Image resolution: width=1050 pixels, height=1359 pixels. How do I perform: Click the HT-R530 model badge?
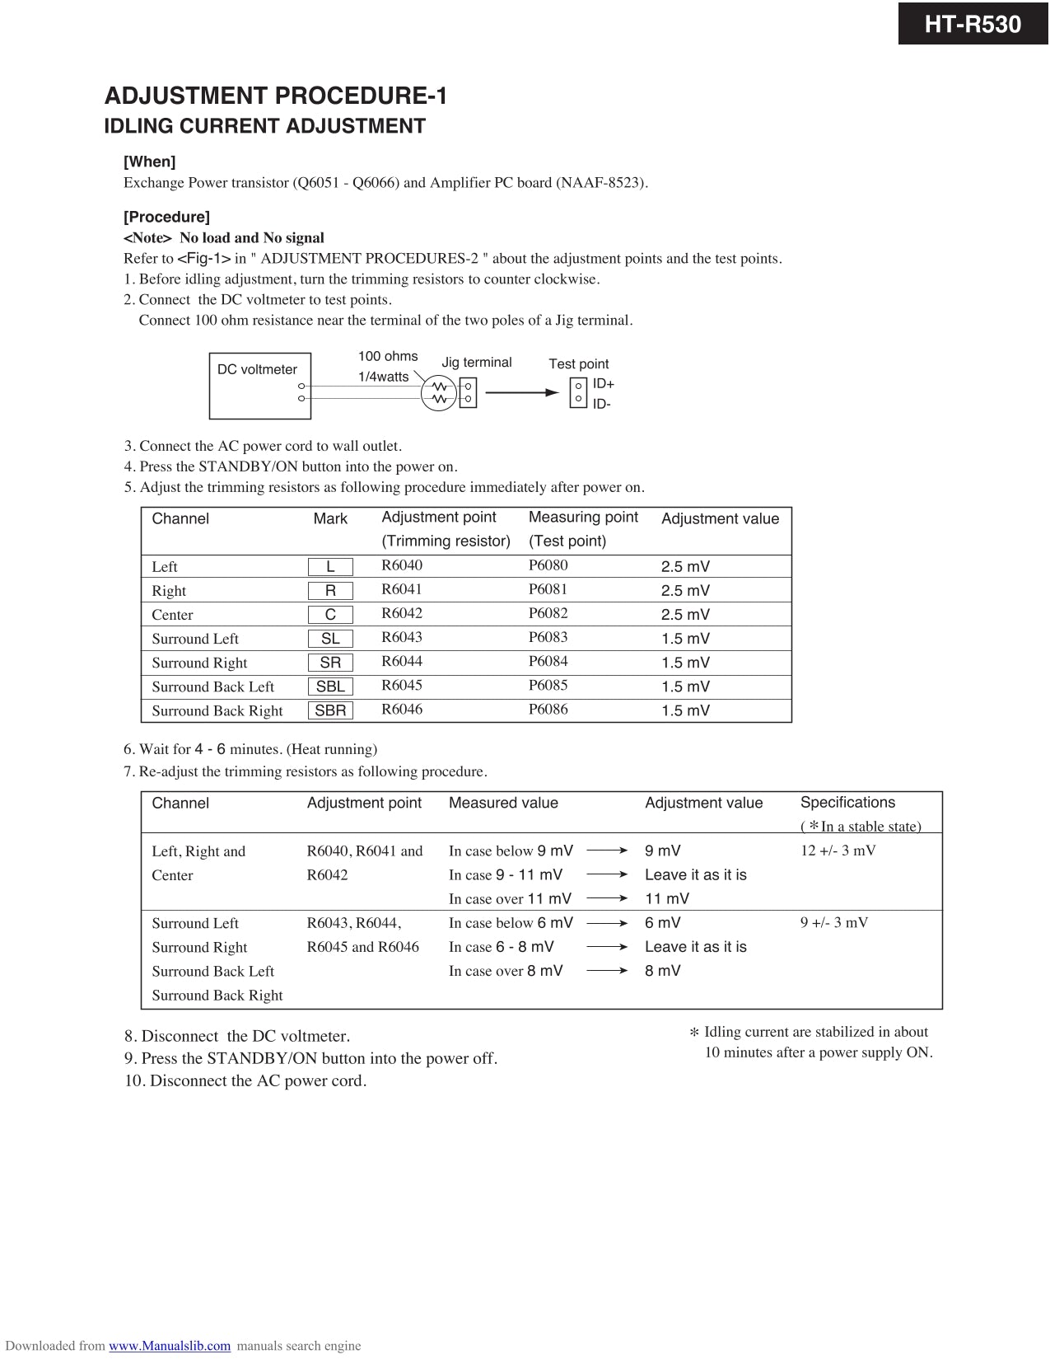[973, 24]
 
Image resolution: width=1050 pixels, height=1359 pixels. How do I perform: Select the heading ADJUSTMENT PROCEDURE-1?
[275, 96]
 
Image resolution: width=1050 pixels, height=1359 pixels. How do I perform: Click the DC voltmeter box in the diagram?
[260, 385]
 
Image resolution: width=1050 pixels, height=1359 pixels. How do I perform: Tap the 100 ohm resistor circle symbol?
[439, 393]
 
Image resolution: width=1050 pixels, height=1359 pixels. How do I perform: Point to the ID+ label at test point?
[604, 384]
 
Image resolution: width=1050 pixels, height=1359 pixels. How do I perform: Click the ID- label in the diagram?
[602, 404]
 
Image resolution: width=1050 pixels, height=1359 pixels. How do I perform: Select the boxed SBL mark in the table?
[330, 687]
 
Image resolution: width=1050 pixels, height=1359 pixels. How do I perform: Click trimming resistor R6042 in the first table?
[402, 613]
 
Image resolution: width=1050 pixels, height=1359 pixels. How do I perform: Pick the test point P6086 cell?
[548, 709]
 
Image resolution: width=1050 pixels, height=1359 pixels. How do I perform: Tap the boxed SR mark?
[330, 663]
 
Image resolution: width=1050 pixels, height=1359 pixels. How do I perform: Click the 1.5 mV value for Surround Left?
[685, 639]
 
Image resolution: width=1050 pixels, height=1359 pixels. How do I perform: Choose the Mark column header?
[330, 518]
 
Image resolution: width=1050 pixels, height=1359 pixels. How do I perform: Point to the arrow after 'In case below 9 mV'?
[608, 851]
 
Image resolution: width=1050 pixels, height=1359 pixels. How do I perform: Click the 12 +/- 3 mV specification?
[838, 851]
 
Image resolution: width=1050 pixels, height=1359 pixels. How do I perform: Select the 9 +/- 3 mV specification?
[833, 922]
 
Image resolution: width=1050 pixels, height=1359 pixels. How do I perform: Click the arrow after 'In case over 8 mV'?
[608, 971]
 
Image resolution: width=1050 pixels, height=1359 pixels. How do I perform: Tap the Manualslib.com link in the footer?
[170, 1346]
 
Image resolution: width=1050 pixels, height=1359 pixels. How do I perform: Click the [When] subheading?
[149, 162]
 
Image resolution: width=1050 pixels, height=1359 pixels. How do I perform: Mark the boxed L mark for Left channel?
[330, 567]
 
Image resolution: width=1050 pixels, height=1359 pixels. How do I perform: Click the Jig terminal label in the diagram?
[476, 363]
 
